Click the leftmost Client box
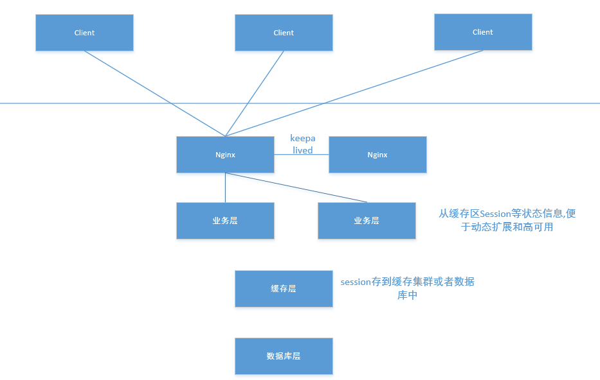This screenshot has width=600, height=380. [84, 33]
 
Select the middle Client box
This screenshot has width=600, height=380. [284, 33]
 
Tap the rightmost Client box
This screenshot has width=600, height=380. [483, 32]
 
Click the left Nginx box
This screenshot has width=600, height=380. [225, 155]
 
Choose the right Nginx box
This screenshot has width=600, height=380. [377, 155]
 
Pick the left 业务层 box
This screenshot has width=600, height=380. [225, 221]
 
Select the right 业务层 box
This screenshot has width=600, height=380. [367, 221]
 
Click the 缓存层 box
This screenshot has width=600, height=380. [284, 289]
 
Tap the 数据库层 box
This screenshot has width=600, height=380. [284, 356]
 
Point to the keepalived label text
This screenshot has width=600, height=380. [302, 144]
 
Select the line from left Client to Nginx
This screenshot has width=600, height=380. [154, 93]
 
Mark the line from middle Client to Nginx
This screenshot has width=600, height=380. [255, 93]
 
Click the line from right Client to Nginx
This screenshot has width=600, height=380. [354, 93]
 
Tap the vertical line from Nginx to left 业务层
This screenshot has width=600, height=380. [225, 187]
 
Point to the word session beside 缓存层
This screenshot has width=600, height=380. [356, 282]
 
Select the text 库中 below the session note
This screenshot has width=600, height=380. [408, 295]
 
